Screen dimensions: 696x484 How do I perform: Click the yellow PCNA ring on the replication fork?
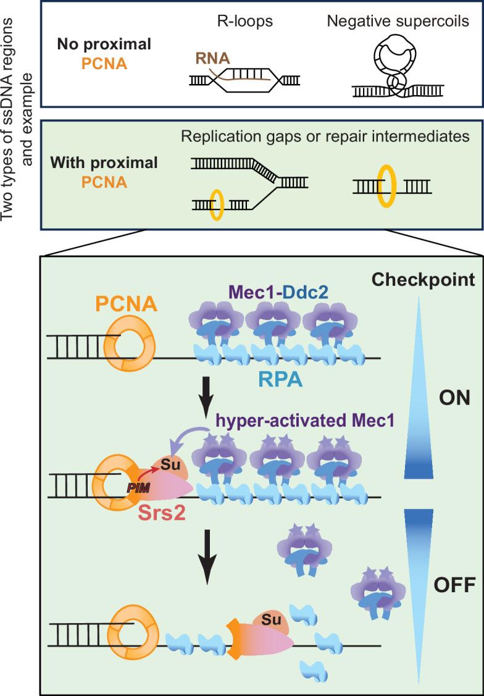coord(216,204)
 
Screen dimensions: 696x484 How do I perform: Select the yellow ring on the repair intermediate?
coord(387,185)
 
